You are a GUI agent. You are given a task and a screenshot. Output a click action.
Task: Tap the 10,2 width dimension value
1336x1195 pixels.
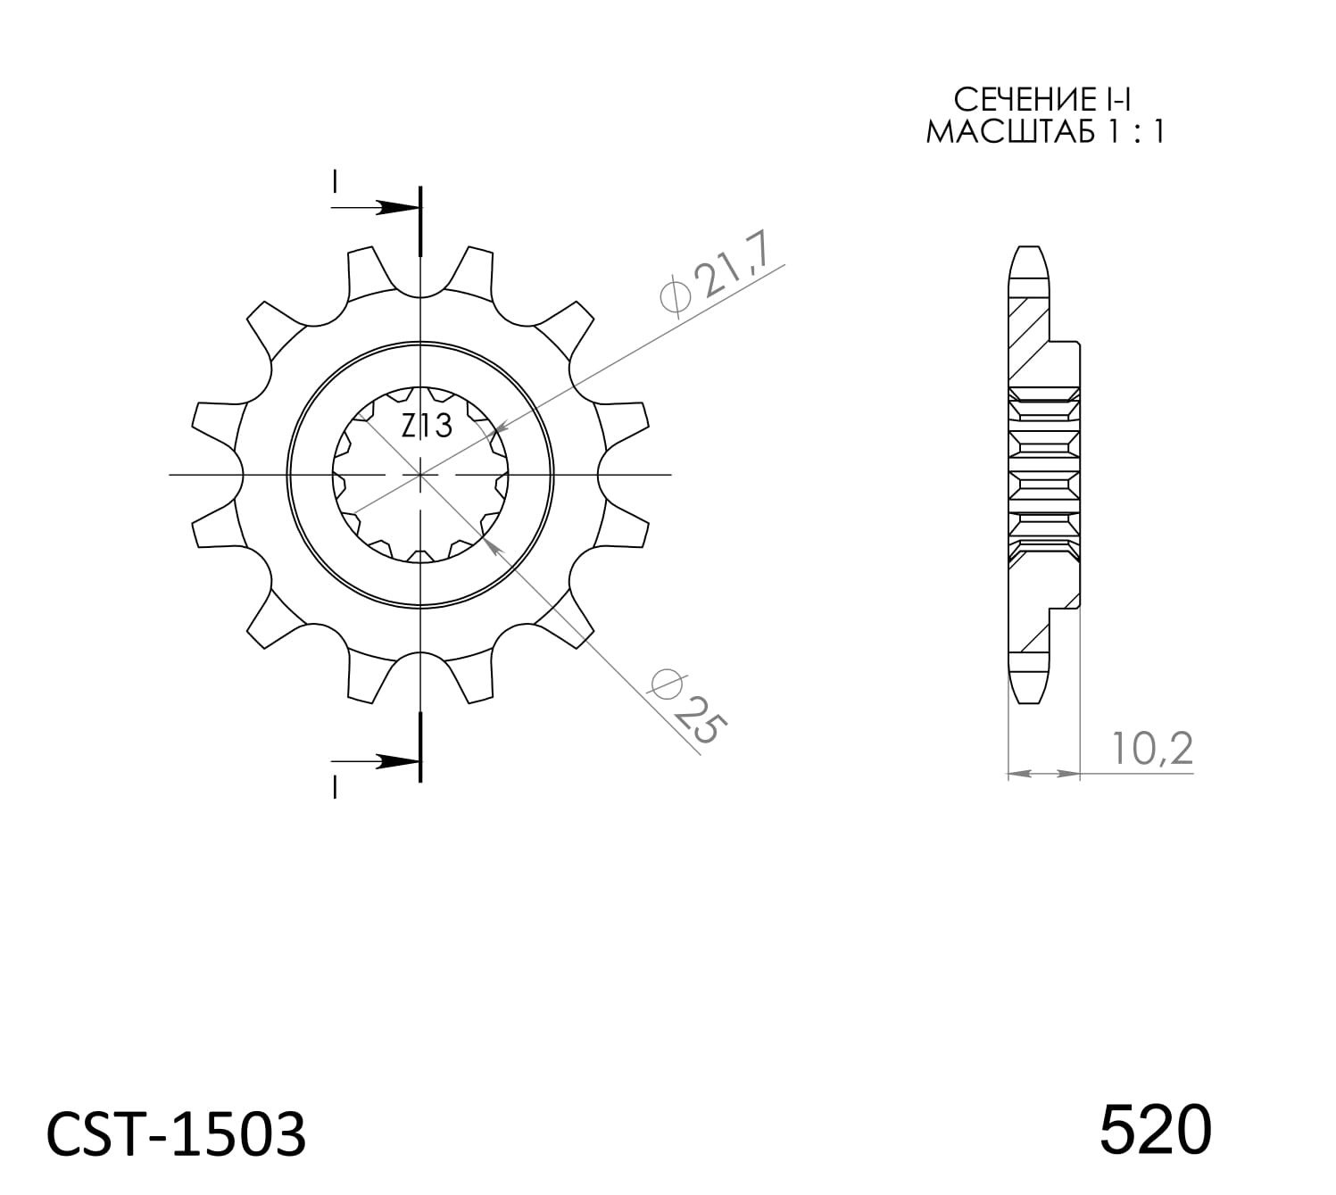click(x=1152, y=749)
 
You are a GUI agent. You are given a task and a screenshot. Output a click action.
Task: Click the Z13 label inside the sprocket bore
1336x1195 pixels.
click(x=427, y=427)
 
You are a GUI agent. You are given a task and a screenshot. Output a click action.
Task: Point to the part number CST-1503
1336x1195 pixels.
click(x=176, y=1135)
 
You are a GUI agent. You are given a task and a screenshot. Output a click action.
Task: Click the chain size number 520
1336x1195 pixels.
click(x=1155, y=1130)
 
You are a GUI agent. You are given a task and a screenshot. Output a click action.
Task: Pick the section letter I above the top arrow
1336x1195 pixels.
click(x=334, y=181)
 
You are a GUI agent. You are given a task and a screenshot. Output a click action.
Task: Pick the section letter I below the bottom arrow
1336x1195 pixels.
click(x=334, y=787)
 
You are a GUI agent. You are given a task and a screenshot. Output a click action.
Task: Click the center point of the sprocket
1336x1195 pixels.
click(x=420, y=475)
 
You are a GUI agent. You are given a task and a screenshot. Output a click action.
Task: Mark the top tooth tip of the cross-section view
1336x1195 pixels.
click(x=1028, y=249)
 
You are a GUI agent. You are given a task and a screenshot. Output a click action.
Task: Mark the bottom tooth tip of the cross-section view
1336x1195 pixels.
click(x=1028, y=701)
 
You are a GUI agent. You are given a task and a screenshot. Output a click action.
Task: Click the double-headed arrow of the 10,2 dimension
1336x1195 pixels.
click(x=1043, y=773)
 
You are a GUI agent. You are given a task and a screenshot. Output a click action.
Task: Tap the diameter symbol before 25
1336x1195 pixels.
click(x=667, y=685)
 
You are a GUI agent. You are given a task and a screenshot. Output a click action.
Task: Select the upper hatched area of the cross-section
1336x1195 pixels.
click(x=1026, y=339)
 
